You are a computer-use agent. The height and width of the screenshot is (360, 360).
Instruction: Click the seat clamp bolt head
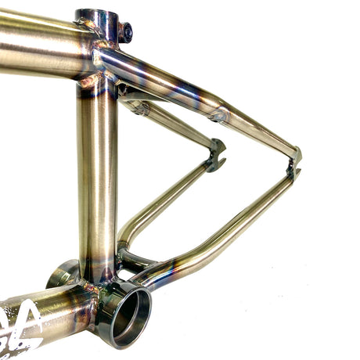pyautogui.click(x=125, y=32)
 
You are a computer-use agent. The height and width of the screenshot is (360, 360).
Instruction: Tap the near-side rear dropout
pyautogui.click(x=294, y=163)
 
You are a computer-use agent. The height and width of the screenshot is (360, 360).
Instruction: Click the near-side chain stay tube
pyautogui.click(x=227, y=227)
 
